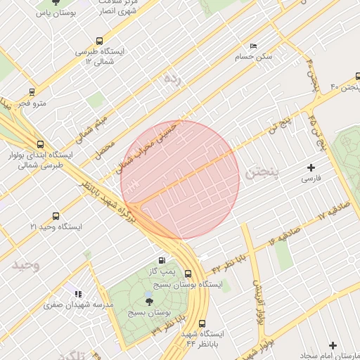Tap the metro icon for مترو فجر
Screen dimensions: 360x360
tap(32, 92)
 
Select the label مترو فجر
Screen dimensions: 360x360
tap(32, 104)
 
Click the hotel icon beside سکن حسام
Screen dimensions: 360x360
tap(253, 46)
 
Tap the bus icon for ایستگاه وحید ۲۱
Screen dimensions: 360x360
tap(56, 216)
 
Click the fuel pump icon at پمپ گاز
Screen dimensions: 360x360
tap(164, 259)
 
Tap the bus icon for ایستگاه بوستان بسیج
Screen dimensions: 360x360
tap(188, 274)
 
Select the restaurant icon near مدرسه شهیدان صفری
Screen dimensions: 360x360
tap(77, 294)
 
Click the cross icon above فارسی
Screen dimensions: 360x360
tap(311, 167)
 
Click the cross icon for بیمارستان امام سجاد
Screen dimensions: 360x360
tap(333, 345)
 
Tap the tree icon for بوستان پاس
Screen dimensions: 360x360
tap(65, 3)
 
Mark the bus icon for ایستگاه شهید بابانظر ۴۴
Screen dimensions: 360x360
tap(202, 324)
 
